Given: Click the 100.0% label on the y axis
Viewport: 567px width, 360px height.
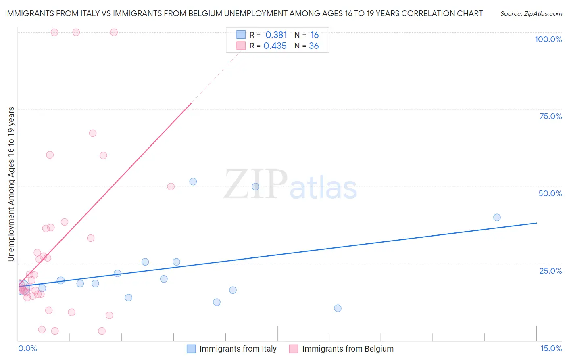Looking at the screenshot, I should tap(548, 39).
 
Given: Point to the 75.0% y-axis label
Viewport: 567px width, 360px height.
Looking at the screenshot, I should tap(550, 116).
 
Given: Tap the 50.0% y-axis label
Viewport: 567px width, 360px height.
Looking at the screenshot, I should tap(550, 193).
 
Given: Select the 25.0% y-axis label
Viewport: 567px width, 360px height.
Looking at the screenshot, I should tap(550, 270).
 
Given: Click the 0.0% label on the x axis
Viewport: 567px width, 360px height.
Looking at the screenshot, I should tap(27, 348).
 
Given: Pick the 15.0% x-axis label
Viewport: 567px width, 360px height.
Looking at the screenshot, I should tap(551, 348).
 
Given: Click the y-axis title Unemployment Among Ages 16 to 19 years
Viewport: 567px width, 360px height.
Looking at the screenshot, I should tap(11, 184).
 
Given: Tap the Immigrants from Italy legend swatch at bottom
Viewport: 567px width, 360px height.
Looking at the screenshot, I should tap(191, 349).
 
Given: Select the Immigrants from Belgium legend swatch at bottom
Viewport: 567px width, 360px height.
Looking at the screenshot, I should tap(294, 349).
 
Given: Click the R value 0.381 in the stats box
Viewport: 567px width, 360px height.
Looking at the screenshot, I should tap(276, 35).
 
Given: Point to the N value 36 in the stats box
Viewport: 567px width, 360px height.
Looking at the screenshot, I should tap(314, 46).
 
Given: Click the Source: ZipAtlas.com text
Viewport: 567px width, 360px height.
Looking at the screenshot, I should tap(531, 14).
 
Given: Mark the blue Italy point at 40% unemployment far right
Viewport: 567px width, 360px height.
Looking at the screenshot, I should tap(497, 218).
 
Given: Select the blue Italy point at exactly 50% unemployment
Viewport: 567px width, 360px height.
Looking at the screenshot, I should tap(255, 186).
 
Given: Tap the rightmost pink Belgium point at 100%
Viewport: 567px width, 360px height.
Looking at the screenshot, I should tap(114, 32).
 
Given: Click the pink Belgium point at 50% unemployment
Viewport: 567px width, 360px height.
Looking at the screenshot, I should tap(171, 186).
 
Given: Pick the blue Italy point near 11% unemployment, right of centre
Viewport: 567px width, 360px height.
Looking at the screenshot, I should tap(338, 308).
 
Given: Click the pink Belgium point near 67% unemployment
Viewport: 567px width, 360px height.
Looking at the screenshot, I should tap(93, 133).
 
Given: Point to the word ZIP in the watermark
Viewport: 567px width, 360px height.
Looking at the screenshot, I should tap(256, 185).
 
